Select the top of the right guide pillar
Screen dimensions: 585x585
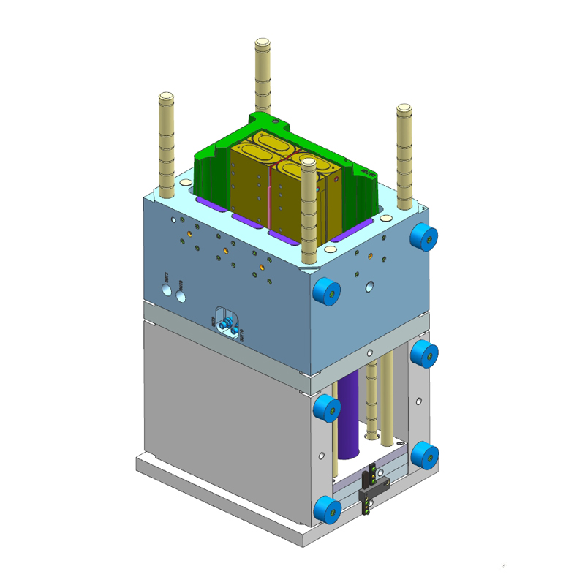404,109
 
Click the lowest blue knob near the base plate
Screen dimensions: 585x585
327,510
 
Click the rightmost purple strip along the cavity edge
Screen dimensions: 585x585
350,233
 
